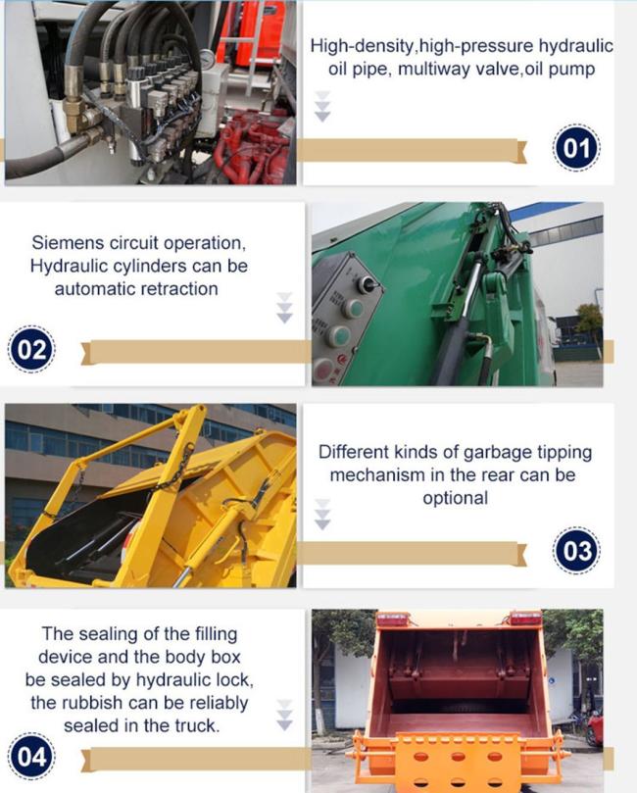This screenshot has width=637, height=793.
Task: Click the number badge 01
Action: pyautogui.click(x=576, y=150)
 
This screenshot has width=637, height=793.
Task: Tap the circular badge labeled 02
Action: pyautogui.click(x=33, y=352)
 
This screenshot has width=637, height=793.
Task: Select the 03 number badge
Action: pyautogui.click(x=576, y=551)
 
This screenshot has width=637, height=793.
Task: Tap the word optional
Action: pyautogui.click(x=455, y=498)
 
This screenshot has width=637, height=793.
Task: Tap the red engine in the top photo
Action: pyautogui.click(x=255, y=147)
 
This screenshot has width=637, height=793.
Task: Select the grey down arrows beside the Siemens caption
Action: pyautogui.click(x=284, y=307)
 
